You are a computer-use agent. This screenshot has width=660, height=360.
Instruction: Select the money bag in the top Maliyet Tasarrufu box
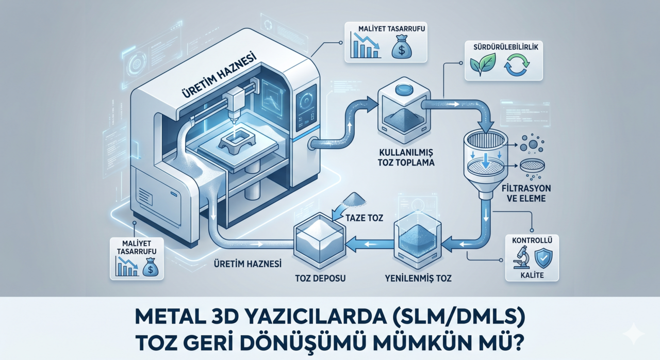point(400,48)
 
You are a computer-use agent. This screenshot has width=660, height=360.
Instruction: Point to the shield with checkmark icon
point(542,257)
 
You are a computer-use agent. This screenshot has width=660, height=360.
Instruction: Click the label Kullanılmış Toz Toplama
point(405,157)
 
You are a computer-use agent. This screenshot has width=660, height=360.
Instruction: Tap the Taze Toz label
point(365,218)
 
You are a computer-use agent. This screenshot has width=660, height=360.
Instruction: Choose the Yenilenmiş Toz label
point(419,279)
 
